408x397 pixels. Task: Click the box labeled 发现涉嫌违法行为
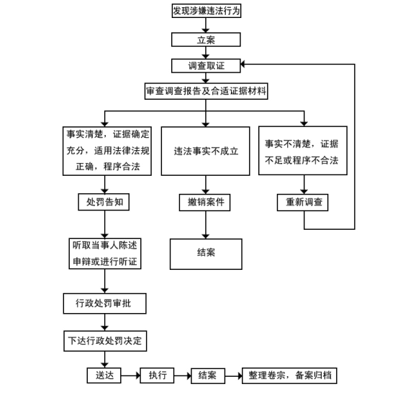point(207,11)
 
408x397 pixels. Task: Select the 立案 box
point(206,39)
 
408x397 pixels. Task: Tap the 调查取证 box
point(206,66)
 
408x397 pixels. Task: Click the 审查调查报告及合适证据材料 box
point(206,91)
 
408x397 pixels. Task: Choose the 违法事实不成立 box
point(206,151)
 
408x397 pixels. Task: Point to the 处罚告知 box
point(104,202)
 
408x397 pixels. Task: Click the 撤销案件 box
point(205,202)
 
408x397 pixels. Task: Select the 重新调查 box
point(303,202)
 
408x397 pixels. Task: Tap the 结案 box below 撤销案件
point(206,254)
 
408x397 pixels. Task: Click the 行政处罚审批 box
point(104,304)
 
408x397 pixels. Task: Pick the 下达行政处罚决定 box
point(105,341)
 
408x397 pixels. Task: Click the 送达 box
point(104,375)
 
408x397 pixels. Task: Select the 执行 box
point(157,375)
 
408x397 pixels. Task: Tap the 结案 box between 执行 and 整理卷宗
point(208,375)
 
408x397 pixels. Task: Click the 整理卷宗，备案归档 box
point(289,375)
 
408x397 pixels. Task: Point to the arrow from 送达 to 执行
point(131,375)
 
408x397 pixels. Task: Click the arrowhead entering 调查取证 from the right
point(242,64)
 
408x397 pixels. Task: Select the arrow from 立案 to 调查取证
point(206,52)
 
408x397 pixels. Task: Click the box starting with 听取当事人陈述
point(105,253)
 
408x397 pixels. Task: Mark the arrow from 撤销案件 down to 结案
point(206,225)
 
